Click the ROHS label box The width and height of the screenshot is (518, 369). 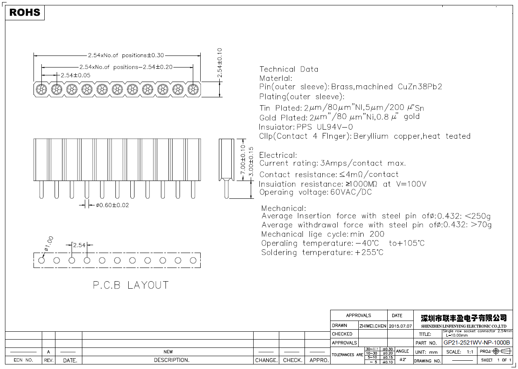coord(25,12)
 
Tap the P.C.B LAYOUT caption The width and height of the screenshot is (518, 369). coord(130,285)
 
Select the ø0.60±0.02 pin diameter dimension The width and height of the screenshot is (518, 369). coord(112,205)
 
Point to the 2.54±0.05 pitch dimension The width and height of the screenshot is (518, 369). coord(75,75)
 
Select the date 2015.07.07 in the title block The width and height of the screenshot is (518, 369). coord(400,326)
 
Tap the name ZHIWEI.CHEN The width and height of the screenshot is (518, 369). coord(372,326)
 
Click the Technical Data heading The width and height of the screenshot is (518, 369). coord(289,69)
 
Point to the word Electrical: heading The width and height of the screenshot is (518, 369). coord(278,155)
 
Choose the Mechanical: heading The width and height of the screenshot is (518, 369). coord(283,208)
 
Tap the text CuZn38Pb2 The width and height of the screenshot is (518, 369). coord(420,87)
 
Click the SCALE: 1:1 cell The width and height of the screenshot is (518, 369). coord(460,352)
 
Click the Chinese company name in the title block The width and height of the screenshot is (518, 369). coord(463,318)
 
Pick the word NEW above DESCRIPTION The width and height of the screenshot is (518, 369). coord(168,352)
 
